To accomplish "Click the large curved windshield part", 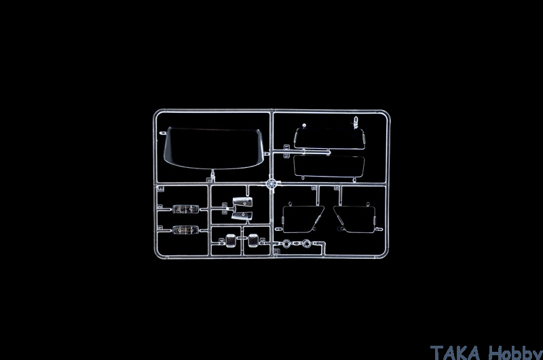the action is click(x=213, y=148).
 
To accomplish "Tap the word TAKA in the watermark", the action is click(x=455, y=353).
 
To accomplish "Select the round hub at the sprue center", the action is click(x=272, y=183).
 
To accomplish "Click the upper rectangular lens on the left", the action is click(x=185, y=209).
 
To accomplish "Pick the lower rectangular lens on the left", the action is click(x=185, y=230).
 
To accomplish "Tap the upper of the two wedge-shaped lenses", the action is click(x=242, y=202).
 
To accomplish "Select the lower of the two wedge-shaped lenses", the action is click(x=242, y=216).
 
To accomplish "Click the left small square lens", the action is click(x=230, y=240).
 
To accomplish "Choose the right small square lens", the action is click(x=253, y=240).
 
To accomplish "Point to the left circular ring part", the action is click(x=286, y=244).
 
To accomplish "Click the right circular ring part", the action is click(x=307, y=244).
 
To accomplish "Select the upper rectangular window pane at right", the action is click(x=329, y=139).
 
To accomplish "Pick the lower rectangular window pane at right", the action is click(x=329, y=166).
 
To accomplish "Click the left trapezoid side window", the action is click(x=303, y=219).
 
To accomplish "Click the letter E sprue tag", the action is click(x=161, y=188).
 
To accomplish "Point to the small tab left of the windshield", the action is click(x=162, y=133).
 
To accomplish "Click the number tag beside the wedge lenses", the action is click(x=225, y=209).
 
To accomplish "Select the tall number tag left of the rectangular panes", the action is click(x=286, y=151).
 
